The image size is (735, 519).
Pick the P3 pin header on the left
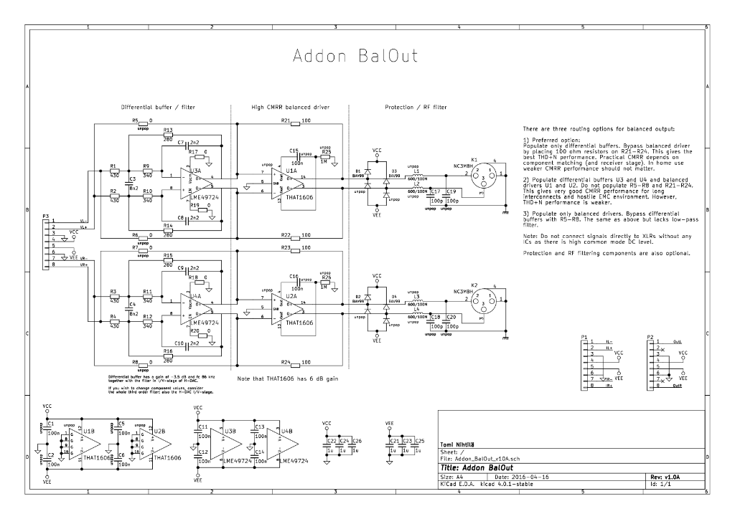click(47, 244)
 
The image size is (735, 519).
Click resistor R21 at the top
click(294, 122)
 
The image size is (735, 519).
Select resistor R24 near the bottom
click(294, 363)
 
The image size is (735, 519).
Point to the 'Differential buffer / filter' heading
click(158, 108)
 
